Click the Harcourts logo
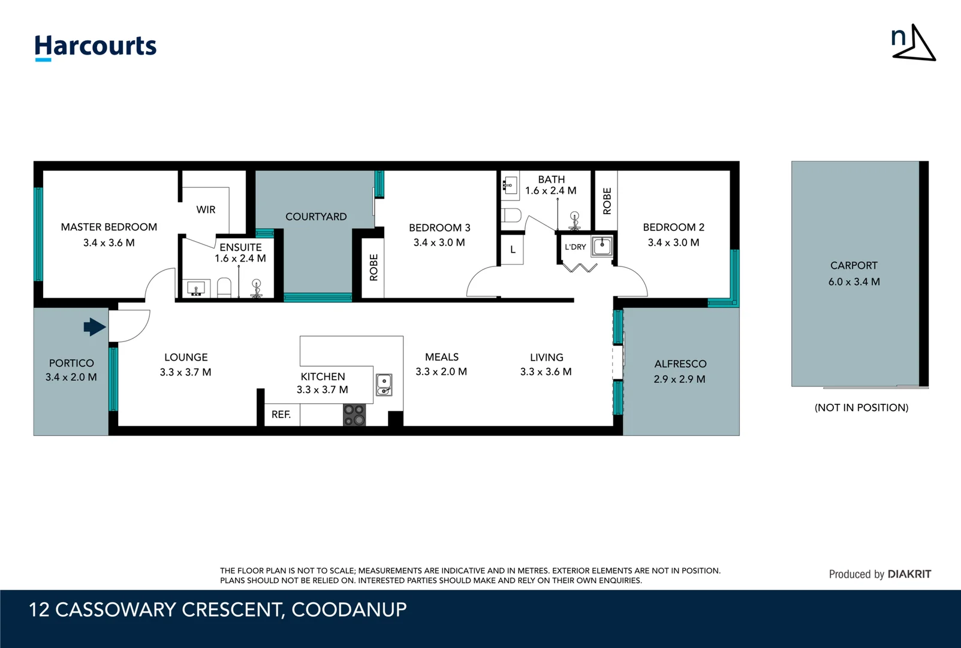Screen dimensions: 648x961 click(x=95, y=47)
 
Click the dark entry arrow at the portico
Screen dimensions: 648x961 click(x=94, y=327)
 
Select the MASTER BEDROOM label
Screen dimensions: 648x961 click(x=109, y=227)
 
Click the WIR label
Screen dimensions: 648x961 click(x=206, y=209)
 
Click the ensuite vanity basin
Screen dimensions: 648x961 click(x=196, y=289)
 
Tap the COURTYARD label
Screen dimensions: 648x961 click(x=316, y=217)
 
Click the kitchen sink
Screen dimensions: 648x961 click(x=384, y=385)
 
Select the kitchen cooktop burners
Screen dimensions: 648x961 click(x=354, y=415)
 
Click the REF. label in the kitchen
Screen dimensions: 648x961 click(x=281, y=415)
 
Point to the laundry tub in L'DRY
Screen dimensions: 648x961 click(x=601, y=246)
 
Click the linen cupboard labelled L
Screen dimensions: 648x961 click(x=513, y=250)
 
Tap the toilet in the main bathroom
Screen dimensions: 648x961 click(x=511, y=215)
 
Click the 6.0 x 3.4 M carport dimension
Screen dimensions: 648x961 click(x=854, y=281)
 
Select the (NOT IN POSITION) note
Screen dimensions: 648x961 click(x=861, y=407)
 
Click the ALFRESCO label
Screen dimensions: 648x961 click(x=680, y=364)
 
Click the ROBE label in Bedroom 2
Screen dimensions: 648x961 click(x=607, y=201)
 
